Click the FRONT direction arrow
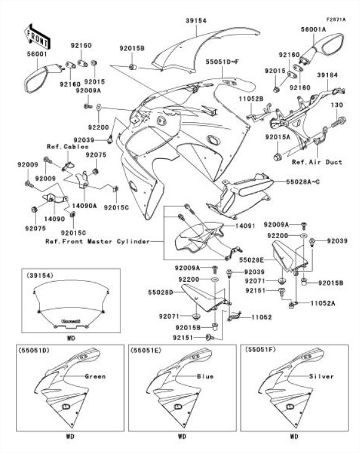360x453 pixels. [x=37, y=35]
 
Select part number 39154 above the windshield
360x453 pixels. [x=196, y=20]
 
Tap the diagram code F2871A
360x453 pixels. [x=336, y=20]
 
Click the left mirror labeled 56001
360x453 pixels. [x=42, y=78]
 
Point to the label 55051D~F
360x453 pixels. [x=222, y=61]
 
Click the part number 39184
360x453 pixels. [x=327, y=75]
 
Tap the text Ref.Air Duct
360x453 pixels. [x=317, y=162]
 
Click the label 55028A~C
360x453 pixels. [x=303, y=182]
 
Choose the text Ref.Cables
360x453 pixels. [x=68, y=147]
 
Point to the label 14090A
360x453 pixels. [x=84, y=206]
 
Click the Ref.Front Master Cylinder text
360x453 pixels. [x=98, y=241]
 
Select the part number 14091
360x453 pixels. [x=245, y=225]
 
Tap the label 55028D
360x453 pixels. [x=160, y=292]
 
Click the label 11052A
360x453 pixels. [x=323, y=303]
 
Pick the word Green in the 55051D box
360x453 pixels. [x=95, y=376]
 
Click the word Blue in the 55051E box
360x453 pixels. [x=205, y=376]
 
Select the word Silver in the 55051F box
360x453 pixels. [x=321, y=376]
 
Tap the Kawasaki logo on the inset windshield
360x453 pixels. [x=71, y=321]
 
